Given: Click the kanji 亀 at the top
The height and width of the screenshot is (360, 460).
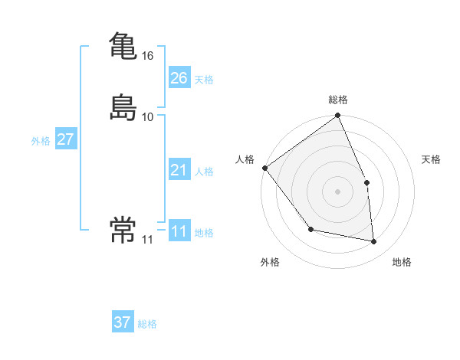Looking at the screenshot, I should point(123,45).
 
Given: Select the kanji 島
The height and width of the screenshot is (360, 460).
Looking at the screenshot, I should point(123,106).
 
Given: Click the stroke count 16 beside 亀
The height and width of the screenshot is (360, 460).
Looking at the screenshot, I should point(148,56).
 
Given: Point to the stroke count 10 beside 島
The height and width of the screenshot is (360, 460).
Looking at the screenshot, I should point(148,117).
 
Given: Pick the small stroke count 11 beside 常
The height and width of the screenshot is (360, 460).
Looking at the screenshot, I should point(147,240).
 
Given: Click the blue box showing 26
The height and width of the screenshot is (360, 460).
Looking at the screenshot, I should point(179,78).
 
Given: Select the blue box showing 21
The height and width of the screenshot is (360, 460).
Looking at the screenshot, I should point(179,170).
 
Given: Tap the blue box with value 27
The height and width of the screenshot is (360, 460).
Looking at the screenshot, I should point(66,139).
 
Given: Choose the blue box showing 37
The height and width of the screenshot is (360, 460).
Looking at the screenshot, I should point(123,322).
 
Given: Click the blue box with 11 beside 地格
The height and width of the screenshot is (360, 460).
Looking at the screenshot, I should point(179,231).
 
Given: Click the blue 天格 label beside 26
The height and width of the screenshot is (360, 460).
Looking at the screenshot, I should point(204,80).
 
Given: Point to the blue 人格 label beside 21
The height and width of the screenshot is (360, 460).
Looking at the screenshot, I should point(204,172).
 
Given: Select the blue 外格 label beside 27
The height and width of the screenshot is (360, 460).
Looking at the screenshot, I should point(41,141).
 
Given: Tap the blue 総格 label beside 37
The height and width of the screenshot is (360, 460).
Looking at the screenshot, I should point(147,324).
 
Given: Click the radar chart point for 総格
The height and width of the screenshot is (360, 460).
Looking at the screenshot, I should point(337,116).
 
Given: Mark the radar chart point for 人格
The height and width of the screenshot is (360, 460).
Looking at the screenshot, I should point(264,168).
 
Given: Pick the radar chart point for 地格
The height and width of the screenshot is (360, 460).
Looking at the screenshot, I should point(374,242).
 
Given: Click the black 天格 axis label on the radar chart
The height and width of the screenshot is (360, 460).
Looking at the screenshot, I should point(432,159).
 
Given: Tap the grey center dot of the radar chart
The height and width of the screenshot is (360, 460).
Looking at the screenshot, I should point(337,191).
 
